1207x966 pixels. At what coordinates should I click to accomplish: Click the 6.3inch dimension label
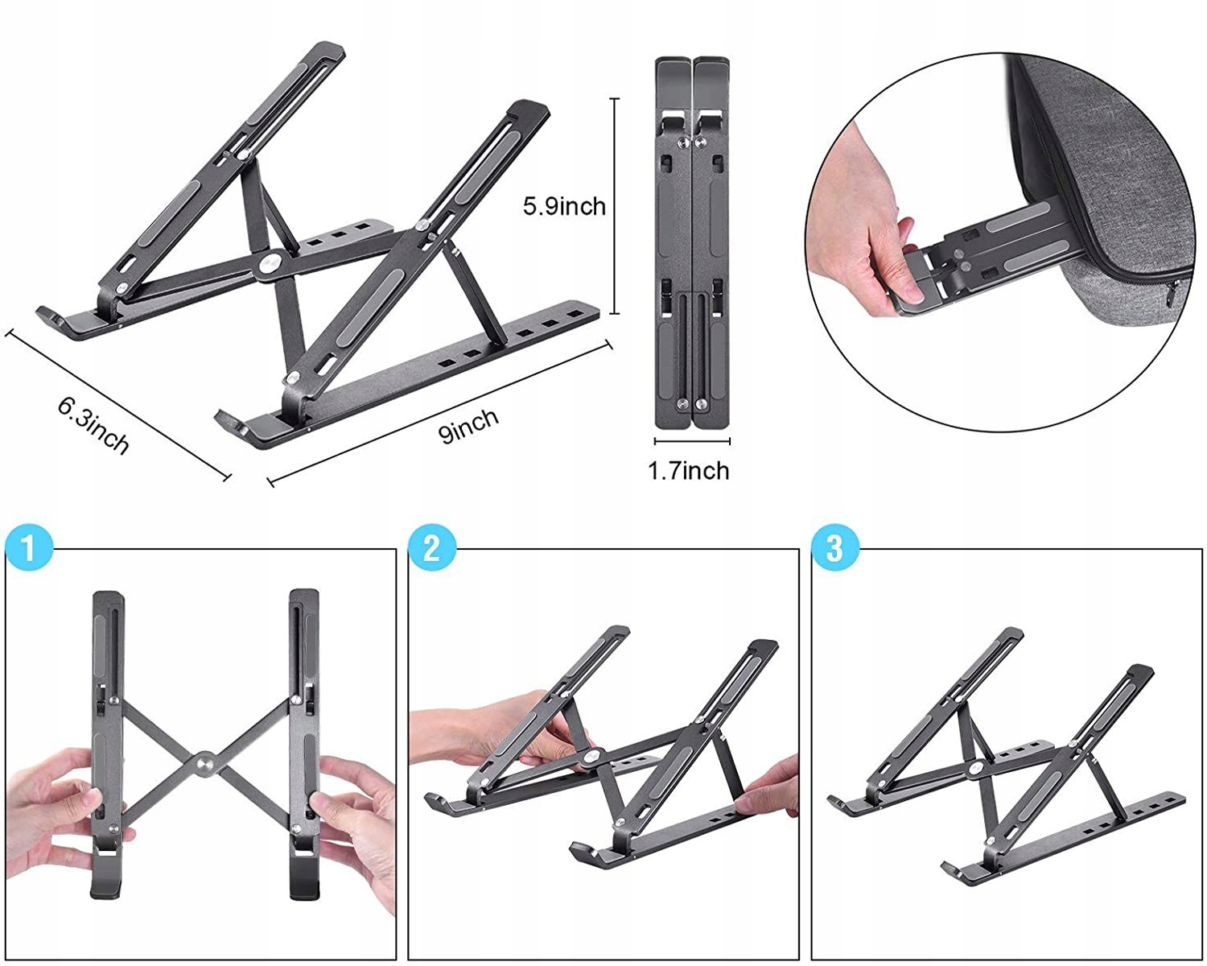click(93, 424)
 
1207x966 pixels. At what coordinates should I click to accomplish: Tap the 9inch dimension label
click(469, 424)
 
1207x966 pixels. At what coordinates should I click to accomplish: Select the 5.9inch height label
click(564, 206)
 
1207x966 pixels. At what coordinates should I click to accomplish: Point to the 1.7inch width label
click(689, 470)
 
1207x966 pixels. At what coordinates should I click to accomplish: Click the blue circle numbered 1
click(29, 548)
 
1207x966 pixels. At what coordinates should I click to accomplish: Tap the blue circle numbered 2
click(432, 548)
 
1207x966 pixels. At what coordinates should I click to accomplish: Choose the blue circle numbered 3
click(835, 548)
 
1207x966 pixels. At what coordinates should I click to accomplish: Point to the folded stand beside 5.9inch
click(692, 242)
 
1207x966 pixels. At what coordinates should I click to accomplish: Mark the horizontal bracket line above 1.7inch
click(692, 441)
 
